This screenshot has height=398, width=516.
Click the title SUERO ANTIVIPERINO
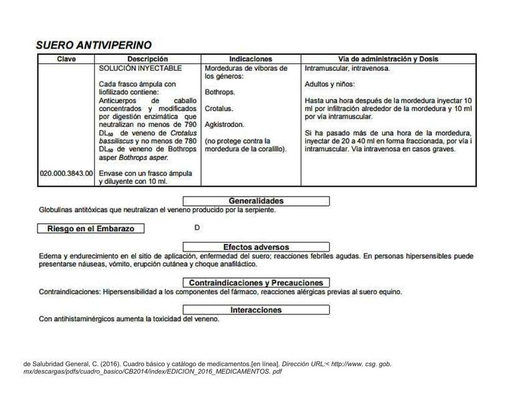pyautogui.click(x=93, y=45)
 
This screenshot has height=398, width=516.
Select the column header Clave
pyautogui.click(x=66, y=59)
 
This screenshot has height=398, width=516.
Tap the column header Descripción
pyautogui.click(x=148, y=59)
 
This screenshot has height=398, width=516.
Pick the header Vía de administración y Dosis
pyautogui.click(x=388, y=59)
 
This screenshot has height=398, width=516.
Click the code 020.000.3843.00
pyautogui.click(x=67, y=174)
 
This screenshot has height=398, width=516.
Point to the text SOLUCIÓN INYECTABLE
pyautogui.click(x=140, y=68)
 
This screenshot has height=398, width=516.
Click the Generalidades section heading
pyautogui.click(x=256, y=201)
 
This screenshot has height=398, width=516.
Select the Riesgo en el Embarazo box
pyautogui.click(x=90, y=228)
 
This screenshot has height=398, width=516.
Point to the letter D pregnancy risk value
pyautogui.click(x=197, y=228)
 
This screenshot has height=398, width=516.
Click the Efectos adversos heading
pyautogui.click(x=256, y=247)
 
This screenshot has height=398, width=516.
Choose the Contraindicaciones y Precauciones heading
pyautogui.click(x=256, y=282)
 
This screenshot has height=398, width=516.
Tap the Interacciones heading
pyautogui.click(x=256, y=310)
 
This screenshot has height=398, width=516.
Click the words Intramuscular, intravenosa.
pyautogui.click(x=347, y=68)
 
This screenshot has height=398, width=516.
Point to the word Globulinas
pyautogui.click(x=57, y=210)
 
